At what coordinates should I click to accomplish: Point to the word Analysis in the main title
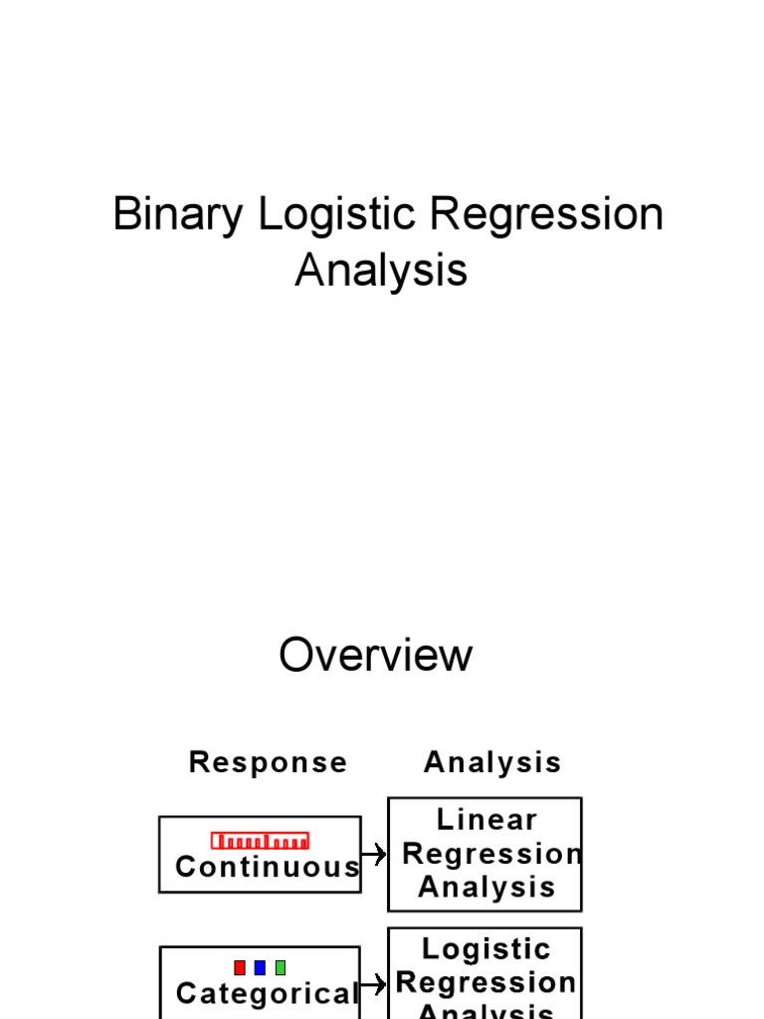tap(381, 271)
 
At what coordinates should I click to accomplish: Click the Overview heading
tap(376, 656)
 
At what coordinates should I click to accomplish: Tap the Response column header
tap(269, 762)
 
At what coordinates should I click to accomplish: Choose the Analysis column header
tap(492, 762)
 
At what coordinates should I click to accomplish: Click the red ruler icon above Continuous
tap(260, 841)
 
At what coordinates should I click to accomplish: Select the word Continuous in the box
tap(268, 867)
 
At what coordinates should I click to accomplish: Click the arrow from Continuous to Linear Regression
tap(374, 854)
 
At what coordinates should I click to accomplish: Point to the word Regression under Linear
tap(492, 854)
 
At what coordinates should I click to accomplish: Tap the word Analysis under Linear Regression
tap(486, 887)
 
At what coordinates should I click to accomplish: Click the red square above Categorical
tap(240, 967)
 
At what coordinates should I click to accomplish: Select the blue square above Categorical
tap(260, 967)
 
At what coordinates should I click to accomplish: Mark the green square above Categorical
tap(281, 967)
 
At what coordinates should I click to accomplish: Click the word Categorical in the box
tap(267, 993)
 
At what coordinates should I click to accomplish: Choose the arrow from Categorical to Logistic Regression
tap(374, 985)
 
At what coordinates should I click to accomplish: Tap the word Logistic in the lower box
tap(486, 949)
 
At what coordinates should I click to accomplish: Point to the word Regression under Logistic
tap(486, 982)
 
